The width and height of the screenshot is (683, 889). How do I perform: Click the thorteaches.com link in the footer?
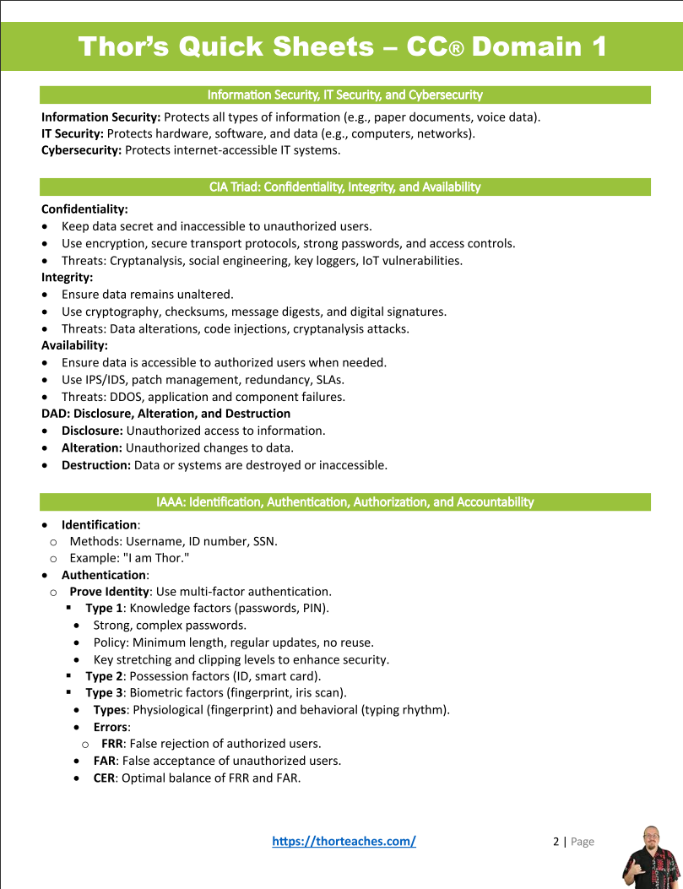(x=344, y=841)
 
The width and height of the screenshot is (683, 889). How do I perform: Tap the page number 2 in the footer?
(x=556, y=841)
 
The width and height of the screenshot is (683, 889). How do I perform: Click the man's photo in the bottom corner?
(x=650, y=856)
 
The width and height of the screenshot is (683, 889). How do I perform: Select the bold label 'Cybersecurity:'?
(x=82, y=150)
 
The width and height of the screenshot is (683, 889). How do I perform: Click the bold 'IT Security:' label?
(x=73, y=133)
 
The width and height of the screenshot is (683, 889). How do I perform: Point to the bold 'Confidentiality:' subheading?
(x=84, y=209)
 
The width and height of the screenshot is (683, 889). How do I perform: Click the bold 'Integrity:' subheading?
(x=67, y=277)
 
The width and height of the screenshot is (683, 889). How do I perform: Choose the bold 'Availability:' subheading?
(x=74, y=345)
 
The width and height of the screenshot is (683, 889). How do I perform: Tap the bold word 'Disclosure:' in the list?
(x=92, y=431)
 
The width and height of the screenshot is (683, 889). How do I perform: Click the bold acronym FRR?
(x=111, y=744)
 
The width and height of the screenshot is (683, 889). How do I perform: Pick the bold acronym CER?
(x=105, y=778)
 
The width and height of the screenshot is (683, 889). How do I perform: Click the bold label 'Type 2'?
(x=104, y=675)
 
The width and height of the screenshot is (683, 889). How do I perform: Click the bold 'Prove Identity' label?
(x=110, y=591)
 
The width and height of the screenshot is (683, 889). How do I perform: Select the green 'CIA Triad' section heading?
(x=344, y=187)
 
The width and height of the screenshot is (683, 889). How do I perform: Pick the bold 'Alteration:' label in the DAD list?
(x=91, y=447)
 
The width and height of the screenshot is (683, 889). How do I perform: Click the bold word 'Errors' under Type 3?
(x=111, y=727)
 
